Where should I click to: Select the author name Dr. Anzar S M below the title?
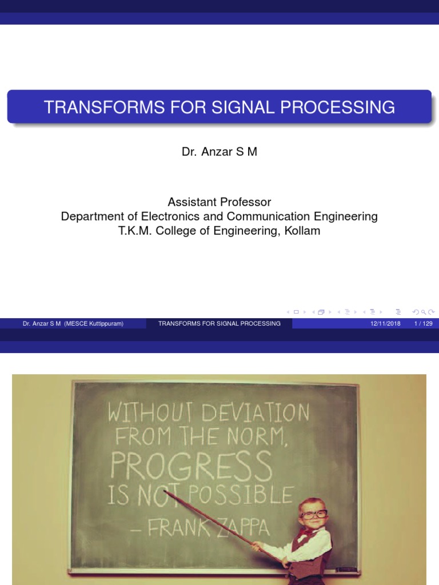[219, 153]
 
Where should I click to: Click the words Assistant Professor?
[219, 202]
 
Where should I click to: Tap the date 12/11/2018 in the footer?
[385, 323]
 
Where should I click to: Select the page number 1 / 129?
[422, 323]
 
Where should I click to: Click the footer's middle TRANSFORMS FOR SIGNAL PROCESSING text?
[219, 323]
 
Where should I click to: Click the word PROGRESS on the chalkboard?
[191, 467]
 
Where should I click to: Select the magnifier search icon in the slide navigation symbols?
[423, 312]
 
